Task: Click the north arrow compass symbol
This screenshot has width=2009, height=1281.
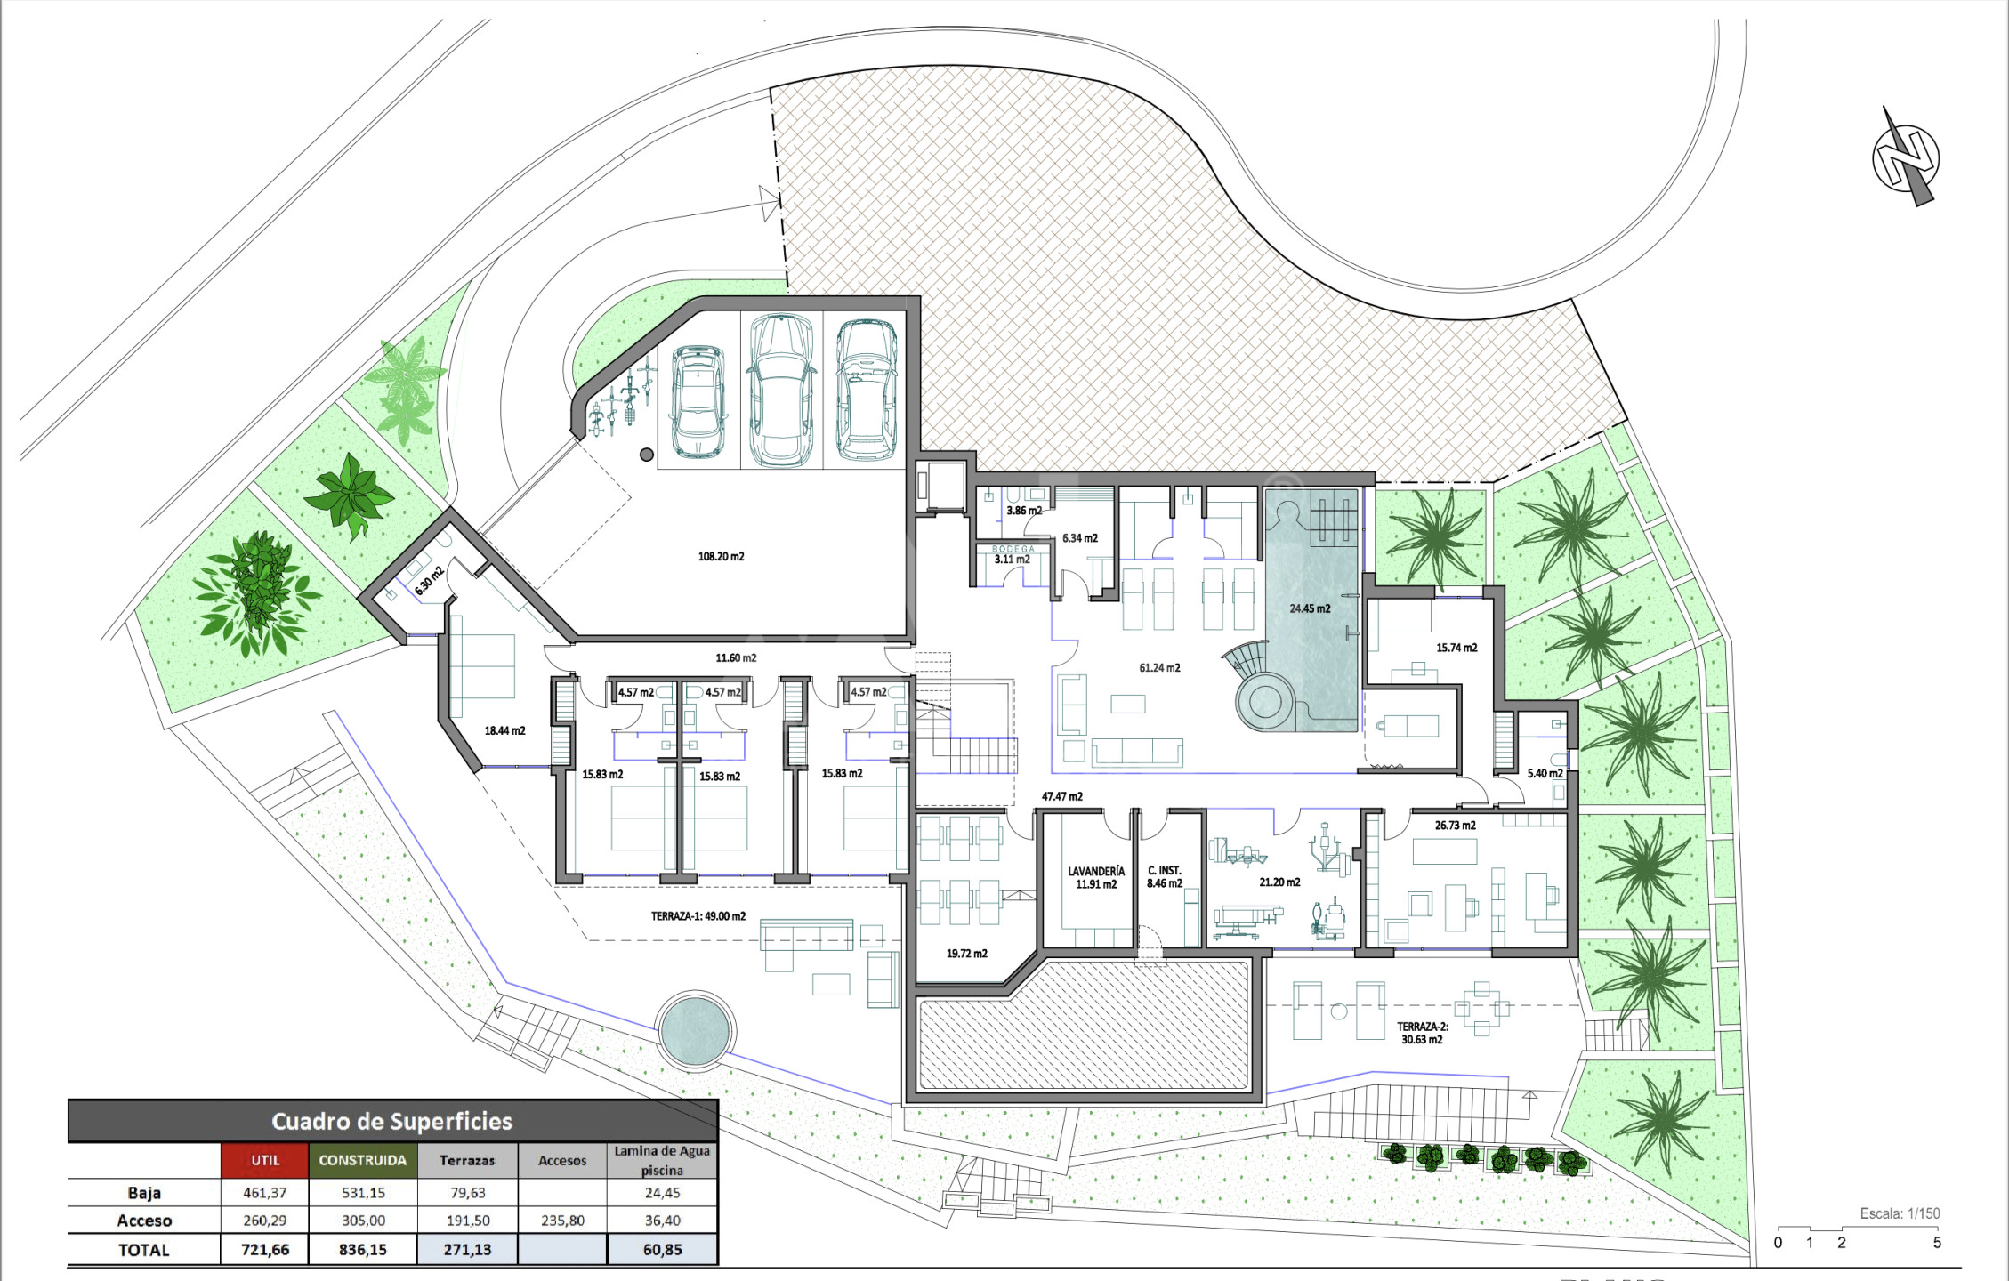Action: coord(1906,157)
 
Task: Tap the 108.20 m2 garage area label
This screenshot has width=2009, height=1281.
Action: coord(721,557)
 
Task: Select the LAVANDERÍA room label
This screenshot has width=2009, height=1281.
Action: coord(1096,872)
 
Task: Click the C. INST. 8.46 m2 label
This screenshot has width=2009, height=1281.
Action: coord(1164,877)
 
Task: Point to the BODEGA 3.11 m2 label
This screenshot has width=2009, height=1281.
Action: coord(1013,554)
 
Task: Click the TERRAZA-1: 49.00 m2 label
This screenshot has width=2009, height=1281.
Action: coord(698,916)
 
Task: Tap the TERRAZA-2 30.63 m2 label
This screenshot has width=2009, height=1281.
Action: coord(1422,1033)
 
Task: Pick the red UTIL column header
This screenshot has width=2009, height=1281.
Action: coord(265,1160)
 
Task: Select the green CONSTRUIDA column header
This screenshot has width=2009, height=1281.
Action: coord(362,1160)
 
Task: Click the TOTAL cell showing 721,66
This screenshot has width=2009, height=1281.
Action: coord(265,1250)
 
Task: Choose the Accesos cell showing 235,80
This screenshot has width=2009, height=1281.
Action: coord(562,1221)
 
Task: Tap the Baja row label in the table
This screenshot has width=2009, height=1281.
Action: coord(144,1193)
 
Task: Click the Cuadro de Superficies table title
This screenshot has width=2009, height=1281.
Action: coord(391,1121)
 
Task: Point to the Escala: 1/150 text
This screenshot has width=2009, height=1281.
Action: coord(1900,1213)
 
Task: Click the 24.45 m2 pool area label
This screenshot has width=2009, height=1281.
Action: coord(1310,609)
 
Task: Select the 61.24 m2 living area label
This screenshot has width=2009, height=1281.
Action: coord(1159,668)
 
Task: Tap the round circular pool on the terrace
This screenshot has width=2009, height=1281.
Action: coord(695,1029)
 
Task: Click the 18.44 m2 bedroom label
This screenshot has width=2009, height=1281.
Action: coord(504,731)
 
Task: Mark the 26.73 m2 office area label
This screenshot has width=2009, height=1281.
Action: coord(1455,826)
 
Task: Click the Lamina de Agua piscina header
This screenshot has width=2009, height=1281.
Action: coord(662,1160)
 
